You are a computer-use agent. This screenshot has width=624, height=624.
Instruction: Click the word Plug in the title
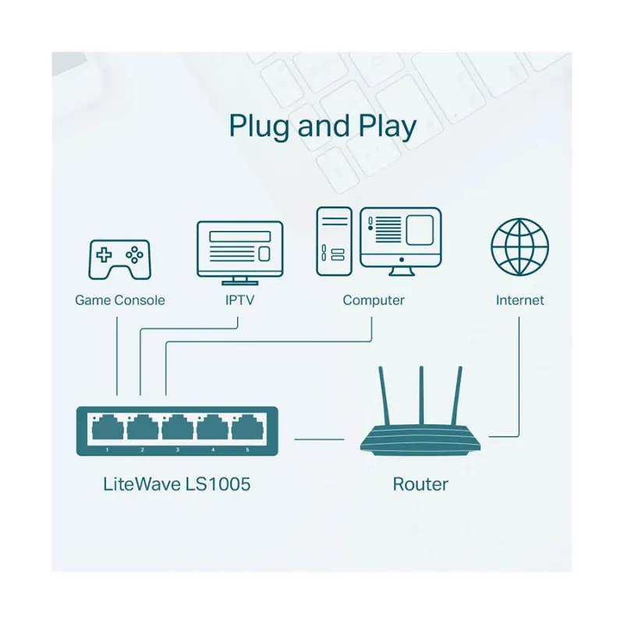click(x=260, y=126)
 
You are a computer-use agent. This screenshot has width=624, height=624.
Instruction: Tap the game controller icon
click(x=119, y=260)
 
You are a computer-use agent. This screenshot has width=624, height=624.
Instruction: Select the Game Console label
click(x=119, y=300)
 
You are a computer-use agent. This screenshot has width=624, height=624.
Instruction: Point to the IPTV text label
click(x=239, y=300)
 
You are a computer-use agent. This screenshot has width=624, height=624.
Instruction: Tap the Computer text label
click(x=374, y=300)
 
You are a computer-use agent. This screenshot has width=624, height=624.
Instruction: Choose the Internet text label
click(x=519, y=300)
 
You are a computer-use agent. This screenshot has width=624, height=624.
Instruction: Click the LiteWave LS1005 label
click(x=177, y=484)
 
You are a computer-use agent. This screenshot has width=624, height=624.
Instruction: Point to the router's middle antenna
click(x=421, y=398)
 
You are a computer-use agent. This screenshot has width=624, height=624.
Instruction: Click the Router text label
click(x=420, y=484)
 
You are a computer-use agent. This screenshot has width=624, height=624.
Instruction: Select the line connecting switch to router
click(x=318, y=439)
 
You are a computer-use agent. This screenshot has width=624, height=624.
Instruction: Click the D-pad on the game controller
click(x=104, y=254)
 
